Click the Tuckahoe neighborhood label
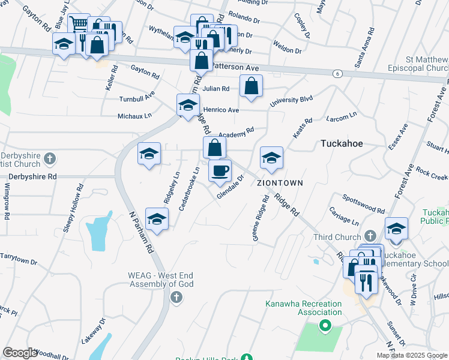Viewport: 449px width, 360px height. pyautogui.click(x=343, y=144)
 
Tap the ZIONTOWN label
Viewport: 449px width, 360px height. pyautogui.click(x=280, y=182)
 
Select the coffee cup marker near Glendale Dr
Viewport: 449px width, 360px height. pyautogui.click(x=220, y=170)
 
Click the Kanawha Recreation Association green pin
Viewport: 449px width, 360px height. pyautogui.click(x=325, y=326)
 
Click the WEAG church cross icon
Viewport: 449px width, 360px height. pyautogui.click(x=176, y=297)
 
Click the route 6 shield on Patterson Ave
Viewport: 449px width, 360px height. pyautogui.click(x=338, y=73)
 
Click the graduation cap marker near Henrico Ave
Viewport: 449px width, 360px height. pyautogui.click(x=188, y=105)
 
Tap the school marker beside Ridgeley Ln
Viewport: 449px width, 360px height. pyautogui.click(x=149, y=154)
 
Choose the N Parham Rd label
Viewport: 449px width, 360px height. pyautogui.click(x=142, y=225)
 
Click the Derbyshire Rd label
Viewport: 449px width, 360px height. pyautogui.click(x=32, y=177)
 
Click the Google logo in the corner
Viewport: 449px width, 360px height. pyautogui.click(x=20, y=353)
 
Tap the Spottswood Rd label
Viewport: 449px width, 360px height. pyautogui.click(x=363, y=203)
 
